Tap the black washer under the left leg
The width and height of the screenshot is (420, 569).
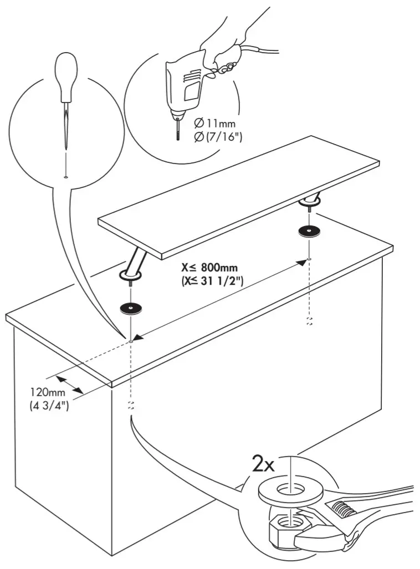(130, 308)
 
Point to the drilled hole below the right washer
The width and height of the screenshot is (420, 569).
(308, 258)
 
